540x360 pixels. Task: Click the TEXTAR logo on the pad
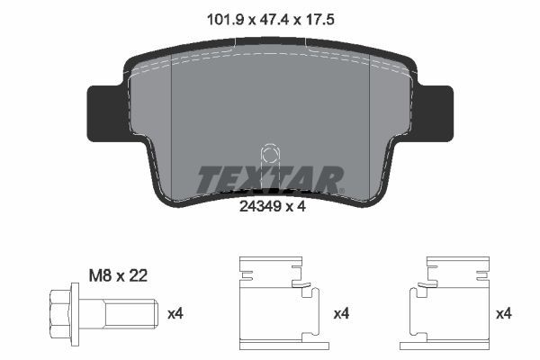pyautogui.click(x=269, y=179)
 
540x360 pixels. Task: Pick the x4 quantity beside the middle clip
pyautogui.click(x=343, y=314)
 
